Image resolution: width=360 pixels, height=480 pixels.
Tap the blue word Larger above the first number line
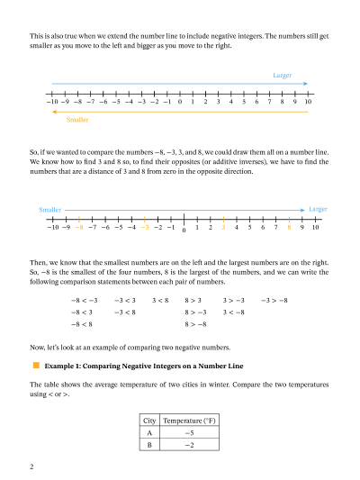(x=282, y=75)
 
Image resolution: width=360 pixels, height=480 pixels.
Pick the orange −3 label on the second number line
(x=144, y=228)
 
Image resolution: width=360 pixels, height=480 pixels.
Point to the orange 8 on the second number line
(x=289, y=228)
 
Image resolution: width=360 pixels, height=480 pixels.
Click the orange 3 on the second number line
(x=223, y=228)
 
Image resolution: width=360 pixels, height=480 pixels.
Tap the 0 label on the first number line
(x=180, y=103)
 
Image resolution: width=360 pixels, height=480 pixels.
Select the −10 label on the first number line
(x=50, y=103)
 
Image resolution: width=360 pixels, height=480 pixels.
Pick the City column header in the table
(x=148, y=421)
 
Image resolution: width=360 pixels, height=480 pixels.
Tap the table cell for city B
(x=148, y=445)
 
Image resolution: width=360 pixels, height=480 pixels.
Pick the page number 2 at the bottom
(x=31, y=466)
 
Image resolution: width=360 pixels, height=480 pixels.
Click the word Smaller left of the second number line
(x=50, y=210)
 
